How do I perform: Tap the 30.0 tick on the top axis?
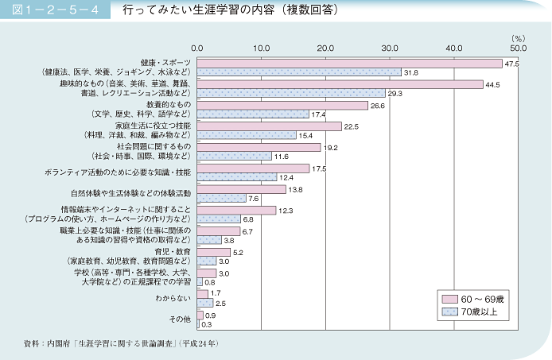pos(390,48)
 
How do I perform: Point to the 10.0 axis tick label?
pos(262,48)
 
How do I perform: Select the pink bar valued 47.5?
pos(349,63)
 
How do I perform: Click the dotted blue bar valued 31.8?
pos(299,72)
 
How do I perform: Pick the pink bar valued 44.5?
pos(340,83)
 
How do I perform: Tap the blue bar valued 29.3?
pos(291,93)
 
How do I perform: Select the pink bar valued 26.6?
pos(282,105)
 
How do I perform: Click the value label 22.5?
pos(352,126)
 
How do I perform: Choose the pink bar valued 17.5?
pos(253,168)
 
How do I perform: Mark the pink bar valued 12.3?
pos(236,210)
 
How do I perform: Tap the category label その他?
pos(181,319)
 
